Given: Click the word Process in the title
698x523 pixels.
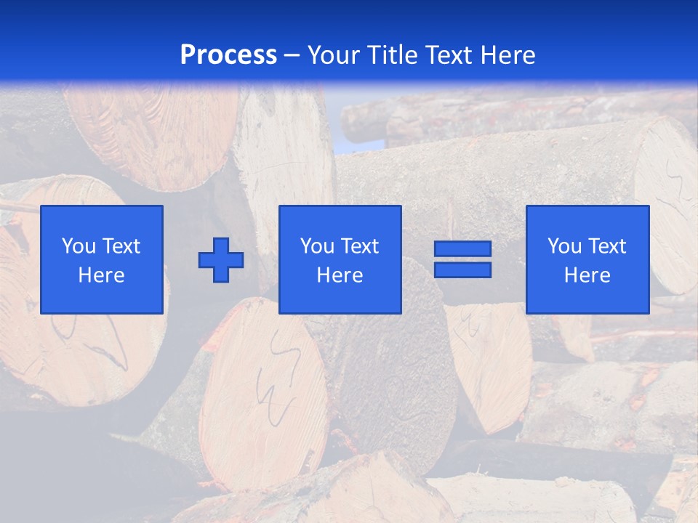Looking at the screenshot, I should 228,55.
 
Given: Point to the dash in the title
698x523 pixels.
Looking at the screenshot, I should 292,56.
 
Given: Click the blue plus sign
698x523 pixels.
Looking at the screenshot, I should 221,260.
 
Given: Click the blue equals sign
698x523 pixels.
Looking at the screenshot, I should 462,259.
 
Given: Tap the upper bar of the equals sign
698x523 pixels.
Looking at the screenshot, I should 462,249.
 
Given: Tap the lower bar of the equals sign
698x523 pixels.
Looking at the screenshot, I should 462,269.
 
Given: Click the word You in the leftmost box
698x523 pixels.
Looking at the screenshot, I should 79,246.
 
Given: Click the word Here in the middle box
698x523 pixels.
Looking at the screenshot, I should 340,275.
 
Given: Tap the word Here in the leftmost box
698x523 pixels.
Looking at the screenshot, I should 102,275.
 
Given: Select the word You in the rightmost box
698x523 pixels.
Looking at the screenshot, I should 564,246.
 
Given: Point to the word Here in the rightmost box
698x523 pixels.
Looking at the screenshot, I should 587,275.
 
